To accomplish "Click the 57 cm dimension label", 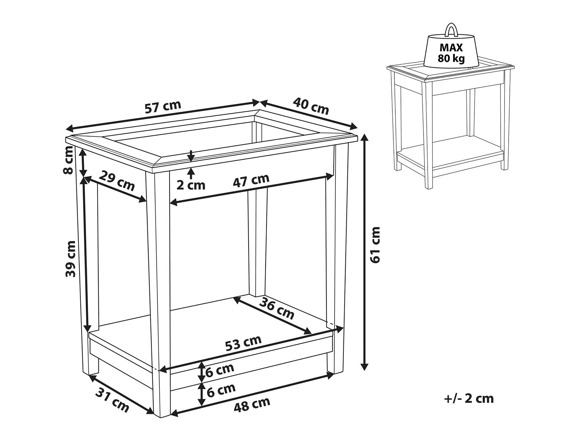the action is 163,107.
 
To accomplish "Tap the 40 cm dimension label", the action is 311,106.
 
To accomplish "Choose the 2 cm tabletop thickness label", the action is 191,185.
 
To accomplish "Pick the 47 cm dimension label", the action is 251,180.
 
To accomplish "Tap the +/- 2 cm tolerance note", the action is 469,399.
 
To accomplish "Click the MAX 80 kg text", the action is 451,53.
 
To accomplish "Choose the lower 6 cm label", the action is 220,390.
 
